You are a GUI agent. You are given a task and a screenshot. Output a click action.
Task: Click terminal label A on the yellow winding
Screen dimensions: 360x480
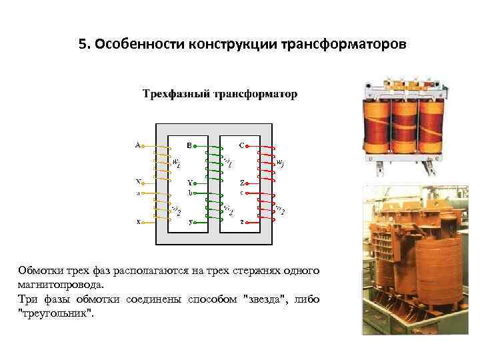click(x=137, y=145)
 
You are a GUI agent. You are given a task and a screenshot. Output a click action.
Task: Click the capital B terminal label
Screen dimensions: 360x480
click(x=189, y=145)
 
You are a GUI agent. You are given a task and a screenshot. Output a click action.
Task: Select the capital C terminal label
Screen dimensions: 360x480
click(x=241, y=145)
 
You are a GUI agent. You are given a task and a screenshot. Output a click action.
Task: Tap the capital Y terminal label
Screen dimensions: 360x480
click(x=189, y=182)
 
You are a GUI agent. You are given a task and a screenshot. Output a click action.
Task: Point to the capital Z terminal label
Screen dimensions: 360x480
click(x=242, y=182)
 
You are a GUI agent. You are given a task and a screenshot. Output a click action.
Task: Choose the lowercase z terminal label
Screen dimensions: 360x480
click(x=242, y=222)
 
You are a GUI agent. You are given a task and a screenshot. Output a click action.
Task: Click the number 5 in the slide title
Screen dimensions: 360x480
click(x=82, y=45)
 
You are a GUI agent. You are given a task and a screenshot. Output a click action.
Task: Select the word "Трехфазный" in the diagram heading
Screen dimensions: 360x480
click(x=175, y=94)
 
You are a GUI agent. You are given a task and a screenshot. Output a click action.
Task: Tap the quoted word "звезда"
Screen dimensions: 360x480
click(x=265, y=299)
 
